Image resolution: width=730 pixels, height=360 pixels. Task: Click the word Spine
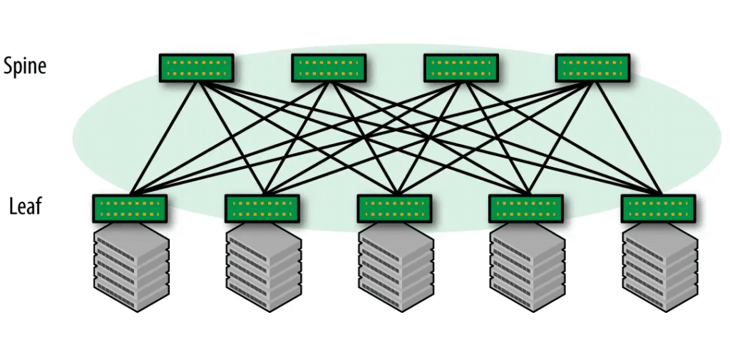pos(25,66)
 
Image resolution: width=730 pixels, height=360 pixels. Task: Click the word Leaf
pos(26,207)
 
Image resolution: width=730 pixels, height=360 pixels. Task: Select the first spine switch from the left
pos(196,68)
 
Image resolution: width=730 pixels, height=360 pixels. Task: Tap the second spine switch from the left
pos(328,68)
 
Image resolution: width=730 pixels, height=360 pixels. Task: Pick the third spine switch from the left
pos(461,68)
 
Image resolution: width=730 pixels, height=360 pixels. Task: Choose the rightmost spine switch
pos(592,68)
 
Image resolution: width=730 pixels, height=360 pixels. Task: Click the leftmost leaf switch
pos(130,208)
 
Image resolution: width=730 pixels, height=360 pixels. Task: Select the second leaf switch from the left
pos(262,208)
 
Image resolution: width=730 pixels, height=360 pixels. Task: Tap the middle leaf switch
pos(394,208)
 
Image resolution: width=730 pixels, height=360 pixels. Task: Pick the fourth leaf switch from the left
pos(525,208)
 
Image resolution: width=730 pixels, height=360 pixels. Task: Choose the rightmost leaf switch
pos(657,208)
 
